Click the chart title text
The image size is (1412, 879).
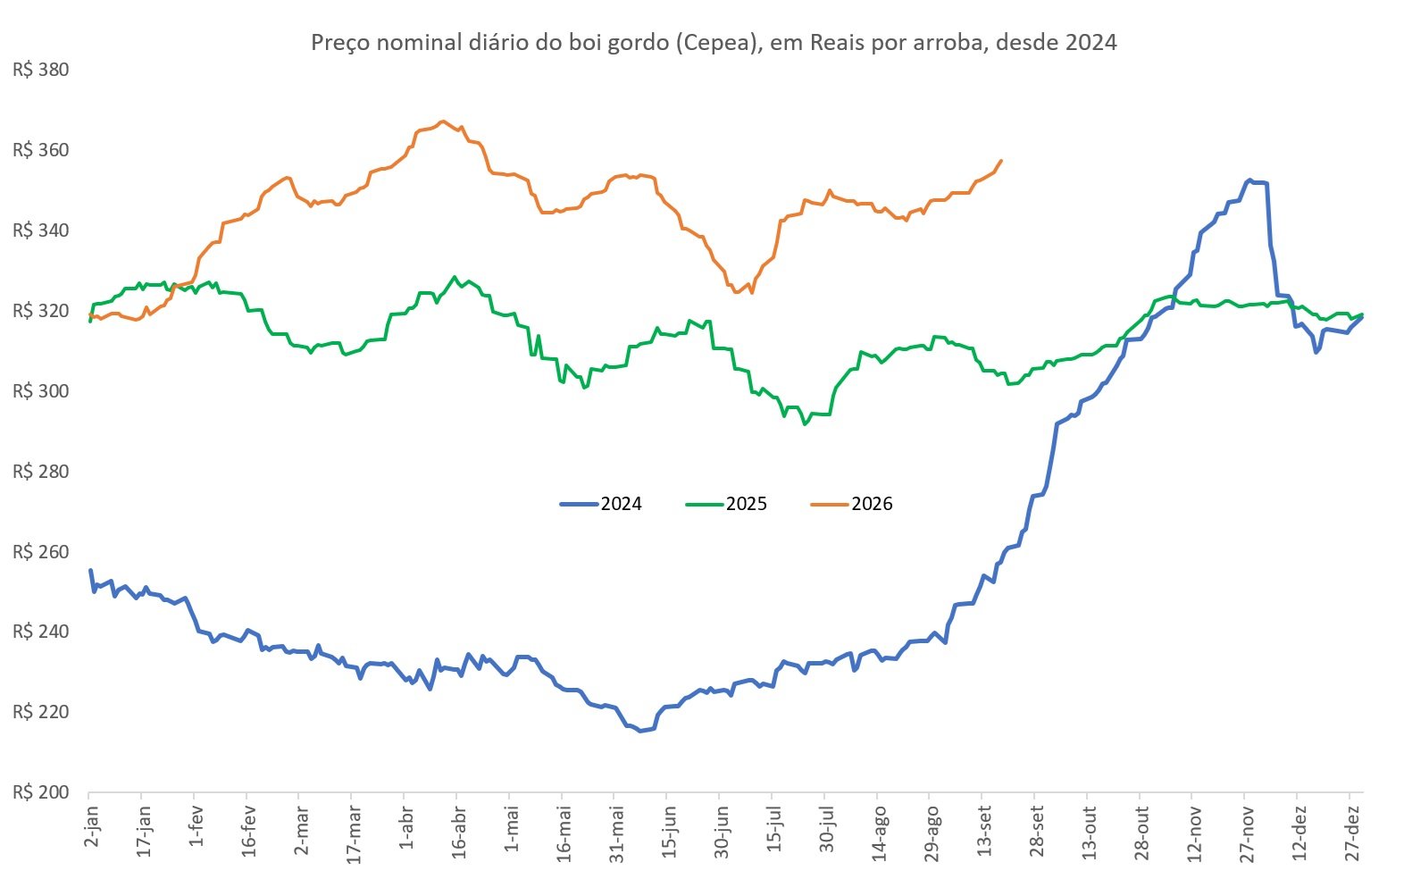coord(714,42)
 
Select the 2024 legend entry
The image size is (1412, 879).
coord(601,504)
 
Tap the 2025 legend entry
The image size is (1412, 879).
coord(726,504)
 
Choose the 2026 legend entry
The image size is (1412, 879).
coord(852,504)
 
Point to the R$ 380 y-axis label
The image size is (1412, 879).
coord(40,70)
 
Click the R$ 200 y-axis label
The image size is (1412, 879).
coord(40,792)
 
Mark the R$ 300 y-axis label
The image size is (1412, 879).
coord(40,391)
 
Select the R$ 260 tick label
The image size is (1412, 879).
coord(40,552)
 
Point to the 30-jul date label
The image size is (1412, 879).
coord(826,832)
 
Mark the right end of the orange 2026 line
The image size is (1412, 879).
coord(1002,160)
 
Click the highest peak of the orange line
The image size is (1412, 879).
coord(443,121)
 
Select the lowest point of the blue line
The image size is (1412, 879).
coord(640,731)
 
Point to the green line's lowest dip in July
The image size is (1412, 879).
coord(805,424)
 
